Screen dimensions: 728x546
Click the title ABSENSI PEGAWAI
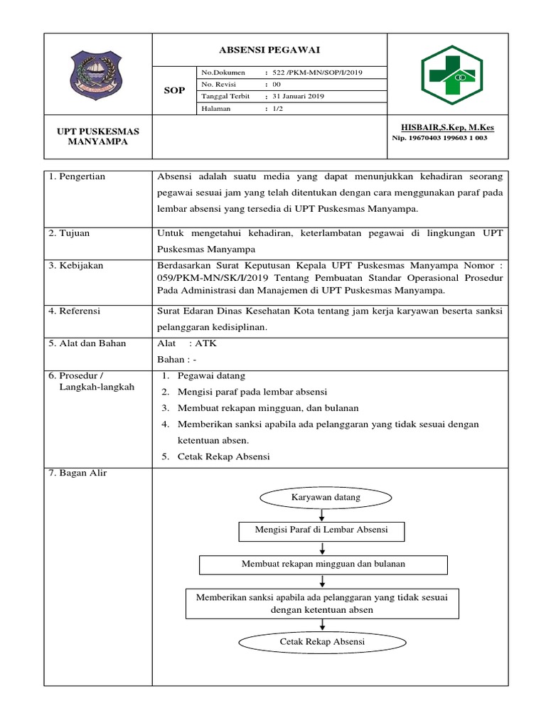[x=269, y=49]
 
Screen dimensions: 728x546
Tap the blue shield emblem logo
[x=97, y=73]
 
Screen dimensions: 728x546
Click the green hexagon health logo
[x=449, y=73]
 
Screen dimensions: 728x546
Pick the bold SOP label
[x=174, y=90]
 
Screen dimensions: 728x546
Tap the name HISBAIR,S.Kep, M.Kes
[x=447, y=127]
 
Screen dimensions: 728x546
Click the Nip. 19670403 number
[x=439, y=138]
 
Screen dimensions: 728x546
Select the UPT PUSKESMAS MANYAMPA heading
[x=98, y=136]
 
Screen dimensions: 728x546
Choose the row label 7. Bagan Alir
[x=77, y=473]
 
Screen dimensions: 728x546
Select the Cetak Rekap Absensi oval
[x=322, y=642]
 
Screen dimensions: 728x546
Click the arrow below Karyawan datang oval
[x=323, y=514]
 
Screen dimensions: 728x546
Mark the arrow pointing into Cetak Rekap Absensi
[x=323, y=623]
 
